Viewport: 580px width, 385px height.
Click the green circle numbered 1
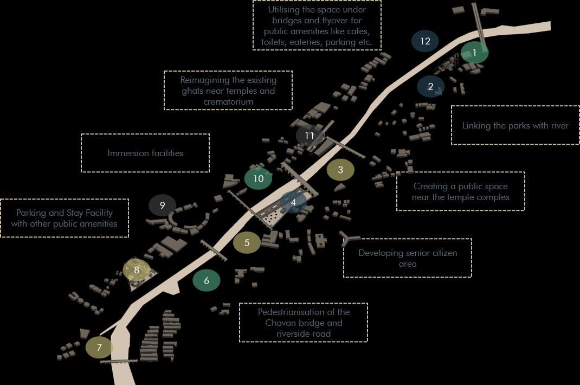474,53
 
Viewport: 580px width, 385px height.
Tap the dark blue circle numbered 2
430,86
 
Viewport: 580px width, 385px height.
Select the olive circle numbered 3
340,170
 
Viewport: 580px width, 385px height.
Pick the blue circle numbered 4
293,202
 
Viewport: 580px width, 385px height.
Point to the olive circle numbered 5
247,242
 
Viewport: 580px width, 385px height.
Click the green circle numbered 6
207,280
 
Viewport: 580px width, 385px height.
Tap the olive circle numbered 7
99,348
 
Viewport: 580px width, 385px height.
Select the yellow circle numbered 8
137,270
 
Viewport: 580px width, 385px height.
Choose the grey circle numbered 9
162,205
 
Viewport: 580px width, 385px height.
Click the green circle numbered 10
258,178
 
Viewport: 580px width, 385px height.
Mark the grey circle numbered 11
310,136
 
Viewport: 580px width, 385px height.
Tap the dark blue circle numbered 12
425,41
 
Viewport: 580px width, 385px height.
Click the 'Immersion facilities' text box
145,153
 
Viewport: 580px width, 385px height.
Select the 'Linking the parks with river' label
515,125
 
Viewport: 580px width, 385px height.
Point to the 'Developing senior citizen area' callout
408,258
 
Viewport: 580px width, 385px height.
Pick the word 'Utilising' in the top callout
287,10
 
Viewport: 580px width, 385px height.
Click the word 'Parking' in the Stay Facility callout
31,213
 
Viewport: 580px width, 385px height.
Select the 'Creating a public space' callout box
461,191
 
